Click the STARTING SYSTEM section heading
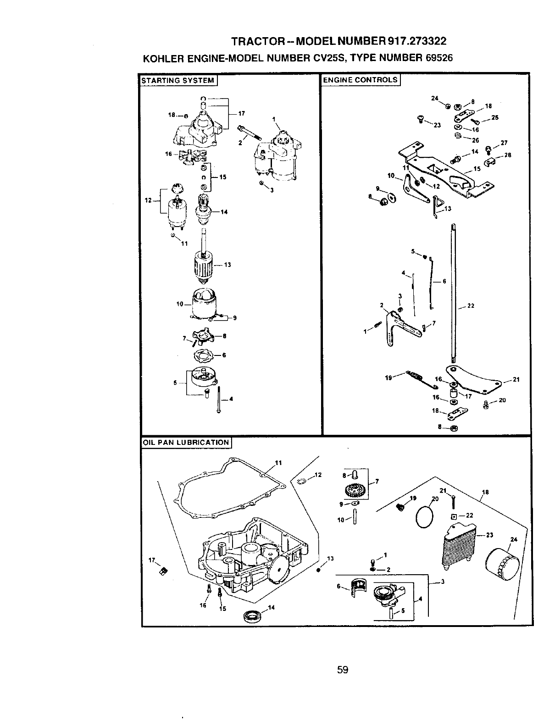[x=178, y=81]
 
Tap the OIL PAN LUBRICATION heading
[x=185, y=443]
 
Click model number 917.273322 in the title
[x=417, y=41]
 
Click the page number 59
[x=343, y=670]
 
